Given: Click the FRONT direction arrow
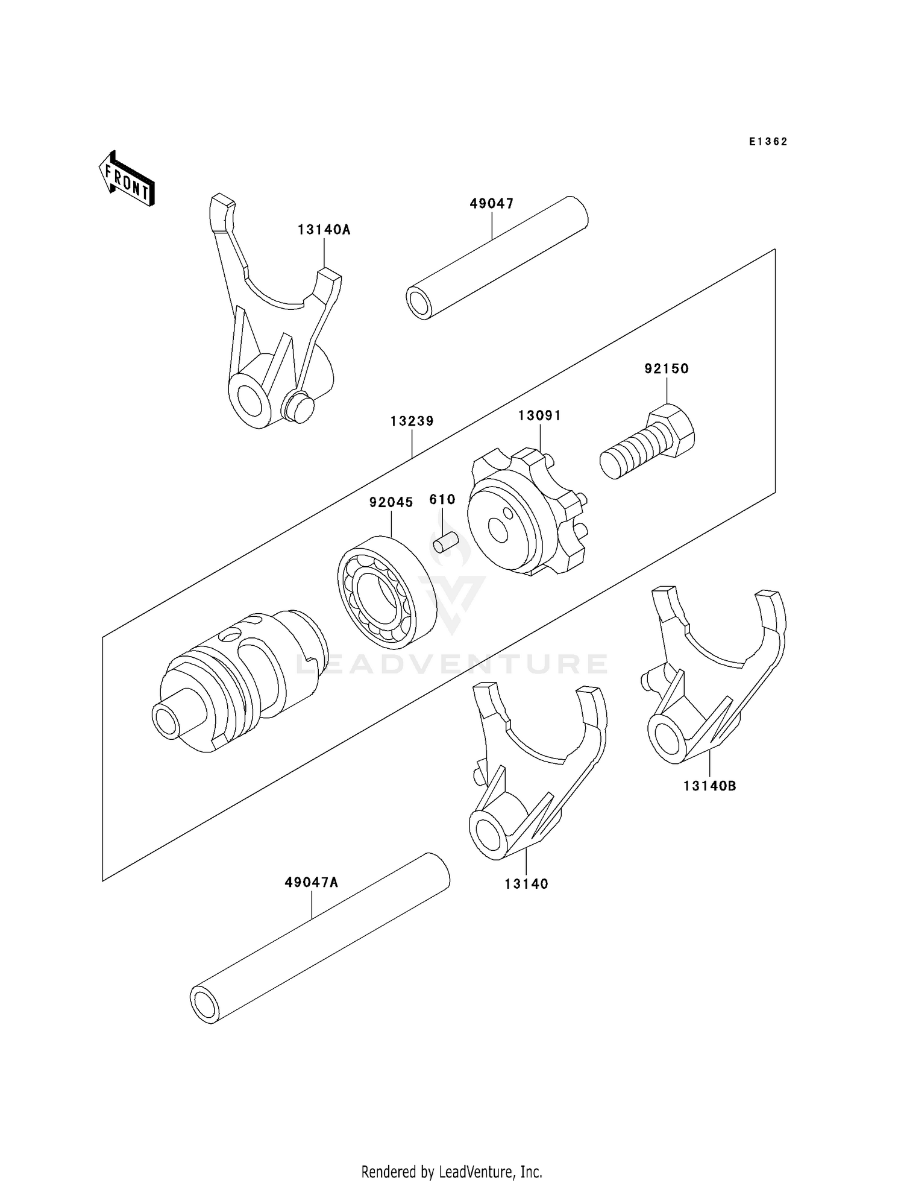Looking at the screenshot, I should click(x=127, y=179).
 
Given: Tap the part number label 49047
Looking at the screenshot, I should click(x=492, y=204).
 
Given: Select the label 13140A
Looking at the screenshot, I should click(x=324, y=230).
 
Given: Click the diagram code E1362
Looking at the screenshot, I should click(x=768, y=142).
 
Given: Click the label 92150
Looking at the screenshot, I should click(x=667, y=368).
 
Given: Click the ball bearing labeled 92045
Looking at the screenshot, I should click(x=386, y=591).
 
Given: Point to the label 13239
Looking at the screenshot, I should click(x=412, y=421).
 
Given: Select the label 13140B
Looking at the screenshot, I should click(x=710, y=786).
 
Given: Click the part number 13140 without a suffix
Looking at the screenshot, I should click(x=526, y=884).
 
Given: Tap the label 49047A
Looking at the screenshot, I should click(x=312, y=883).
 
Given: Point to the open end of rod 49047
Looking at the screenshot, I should click(x=418, y=303).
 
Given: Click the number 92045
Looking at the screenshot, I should click(x=391, y=502).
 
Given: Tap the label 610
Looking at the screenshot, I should click(x=442, y=500).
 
